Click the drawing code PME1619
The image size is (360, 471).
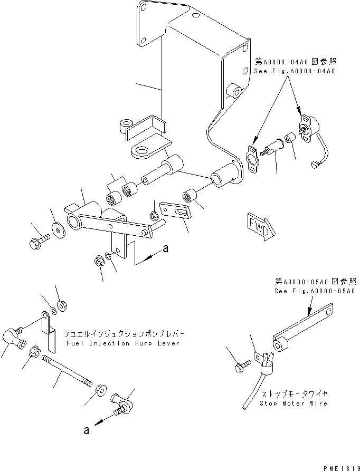[x=338, y=466]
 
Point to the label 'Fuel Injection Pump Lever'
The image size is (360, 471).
[x=124, y=343]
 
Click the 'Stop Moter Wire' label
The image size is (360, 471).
[x=294, y=403]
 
